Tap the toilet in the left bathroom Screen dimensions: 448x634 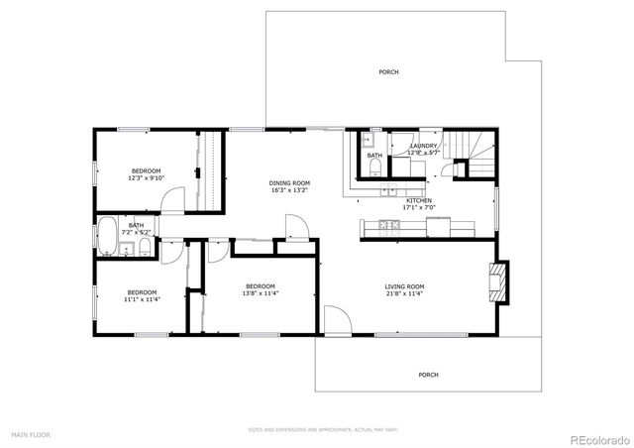click(x=145, y=247)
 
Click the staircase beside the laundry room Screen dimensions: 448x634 click(x=476, y=154)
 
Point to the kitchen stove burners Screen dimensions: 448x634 click(x=390, y=226)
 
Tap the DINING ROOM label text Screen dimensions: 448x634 click(x=289, y=182)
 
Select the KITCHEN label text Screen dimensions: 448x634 click(x=418, y=201)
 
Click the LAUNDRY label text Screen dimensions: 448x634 click(x=423, y=146)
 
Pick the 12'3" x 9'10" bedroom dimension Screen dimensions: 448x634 click(x=147, y=178)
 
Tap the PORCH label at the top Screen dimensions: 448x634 click(x=389, y=72)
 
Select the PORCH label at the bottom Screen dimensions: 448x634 click(x=428, y=375)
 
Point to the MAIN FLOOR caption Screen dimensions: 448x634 click(x=31, y=435)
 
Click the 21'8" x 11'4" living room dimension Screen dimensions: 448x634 click(x=404, y=293)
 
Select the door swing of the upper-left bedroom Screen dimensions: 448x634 click(x=172, y=202)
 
